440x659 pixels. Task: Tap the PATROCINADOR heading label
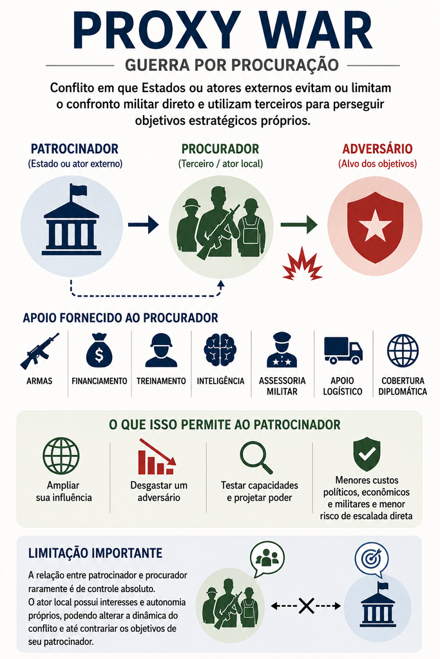(x=75, y=149)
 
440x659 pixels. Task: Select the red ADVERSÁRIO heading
(x=378, y=149)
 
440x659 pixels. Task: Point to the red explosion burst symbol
(x=302, y=264)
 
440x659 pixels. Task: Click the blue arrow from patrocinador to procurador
(x=143, y=225)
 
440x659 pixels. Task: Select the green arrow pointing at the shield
(x=299, y=225)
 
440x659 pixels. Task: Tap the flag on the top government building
(x=78, y=190)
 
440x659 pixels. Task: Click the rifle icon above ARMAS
(x=39, y=351)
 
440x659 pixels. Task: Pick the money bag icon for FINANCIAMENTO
(x=99, y=351)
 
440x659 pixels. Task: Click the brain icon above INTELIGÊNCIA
(x=220, y=350)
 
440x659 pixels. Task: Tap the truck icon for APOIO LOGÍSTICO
(x=343, y=350)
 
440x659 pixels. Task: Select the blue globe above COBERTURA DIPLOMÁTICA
(x=403, y=351)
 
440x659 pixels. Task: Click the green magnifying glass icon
(x=256, y=458)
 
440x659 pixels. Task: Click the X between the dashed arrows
(x=306, y=606)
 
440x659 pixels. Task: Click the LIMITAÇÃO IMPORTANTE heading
(x=95, y=553)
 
